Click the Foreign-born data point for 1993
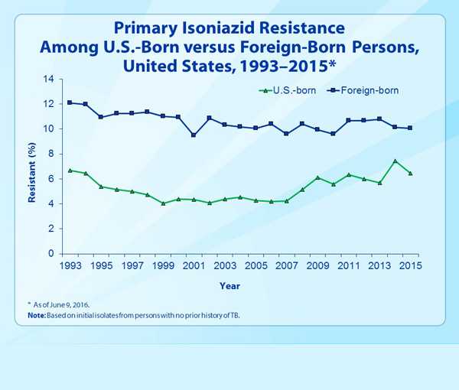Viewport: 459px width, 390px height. tap(70, 102)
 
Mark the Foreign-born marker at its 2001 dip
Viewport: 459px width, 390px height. tap(194, 135)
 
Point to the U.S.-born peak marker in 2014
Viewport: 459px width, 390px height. tap(395, 161)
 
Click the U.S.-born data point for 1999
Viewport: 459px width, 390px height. tap(163, 203)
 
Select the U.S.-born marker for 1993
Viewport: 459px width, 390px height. tap(70, 170)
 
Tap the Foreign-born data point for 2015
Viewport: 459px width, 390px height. tap(410, 128)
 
